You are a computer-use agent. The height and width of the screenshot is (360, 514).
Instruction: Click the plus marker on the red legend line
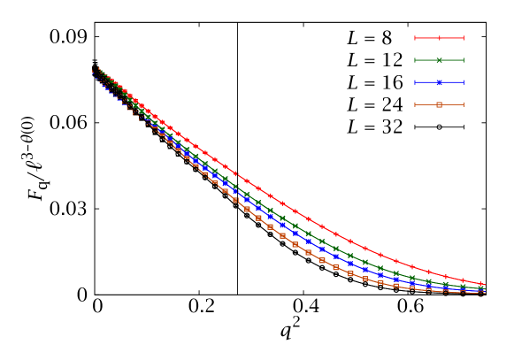(439, 38)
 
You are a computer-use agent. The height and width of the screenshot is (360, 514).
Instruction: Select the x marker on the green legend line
(439, 60)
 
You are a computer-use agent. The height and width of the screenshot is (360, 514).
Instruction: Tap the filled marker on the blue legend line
(439, 82)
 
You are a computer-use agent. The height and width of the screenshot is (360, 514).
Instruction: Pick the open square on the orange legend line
(439, 104)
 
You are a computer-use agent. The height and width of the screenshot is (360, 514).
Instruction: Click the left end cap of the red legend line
(415, 38)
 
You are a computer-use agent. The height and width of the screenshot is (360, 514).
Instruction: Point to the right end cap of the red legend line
(464, 38)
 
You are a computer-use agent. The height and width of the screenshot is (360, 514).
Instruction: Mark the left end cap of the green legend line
(415, 60)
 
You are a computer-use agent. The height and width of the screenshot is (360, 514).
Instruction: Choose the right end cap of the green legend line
(464, 60)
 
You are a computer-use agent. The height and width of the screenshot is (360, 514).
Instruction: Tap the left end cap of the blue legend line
(415, 82)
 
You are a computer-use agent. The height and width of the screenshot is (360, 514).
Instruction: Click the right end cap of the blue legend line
(464, 82)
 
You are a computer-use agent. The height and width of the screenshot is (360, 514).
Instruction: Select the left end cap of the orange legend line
(415, 104)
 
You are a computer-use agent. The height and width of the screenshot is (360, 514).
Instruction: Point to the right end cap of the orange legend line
(464, 104)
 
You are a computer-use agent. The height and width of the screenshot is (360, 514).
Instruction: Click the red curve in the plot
(309, 218)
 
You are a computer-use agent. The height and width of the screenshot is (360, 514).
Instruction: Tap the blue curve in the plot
(309, 243)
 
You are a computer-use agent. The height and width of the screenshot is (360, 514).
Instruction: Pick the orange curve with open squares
(309, 253)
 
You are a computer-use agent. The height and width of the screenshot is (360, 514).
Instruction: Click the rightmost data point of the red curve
(482, 284)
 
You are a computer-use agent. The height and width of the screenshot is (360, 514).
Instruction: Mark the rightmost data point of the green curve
(482, 287)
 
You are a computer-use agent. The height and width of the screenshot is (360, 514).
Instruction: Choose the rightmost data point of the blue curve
(482, 290)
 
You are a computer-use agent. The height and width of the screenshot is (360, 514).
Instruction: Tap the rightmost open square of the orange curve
(482, 294)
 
